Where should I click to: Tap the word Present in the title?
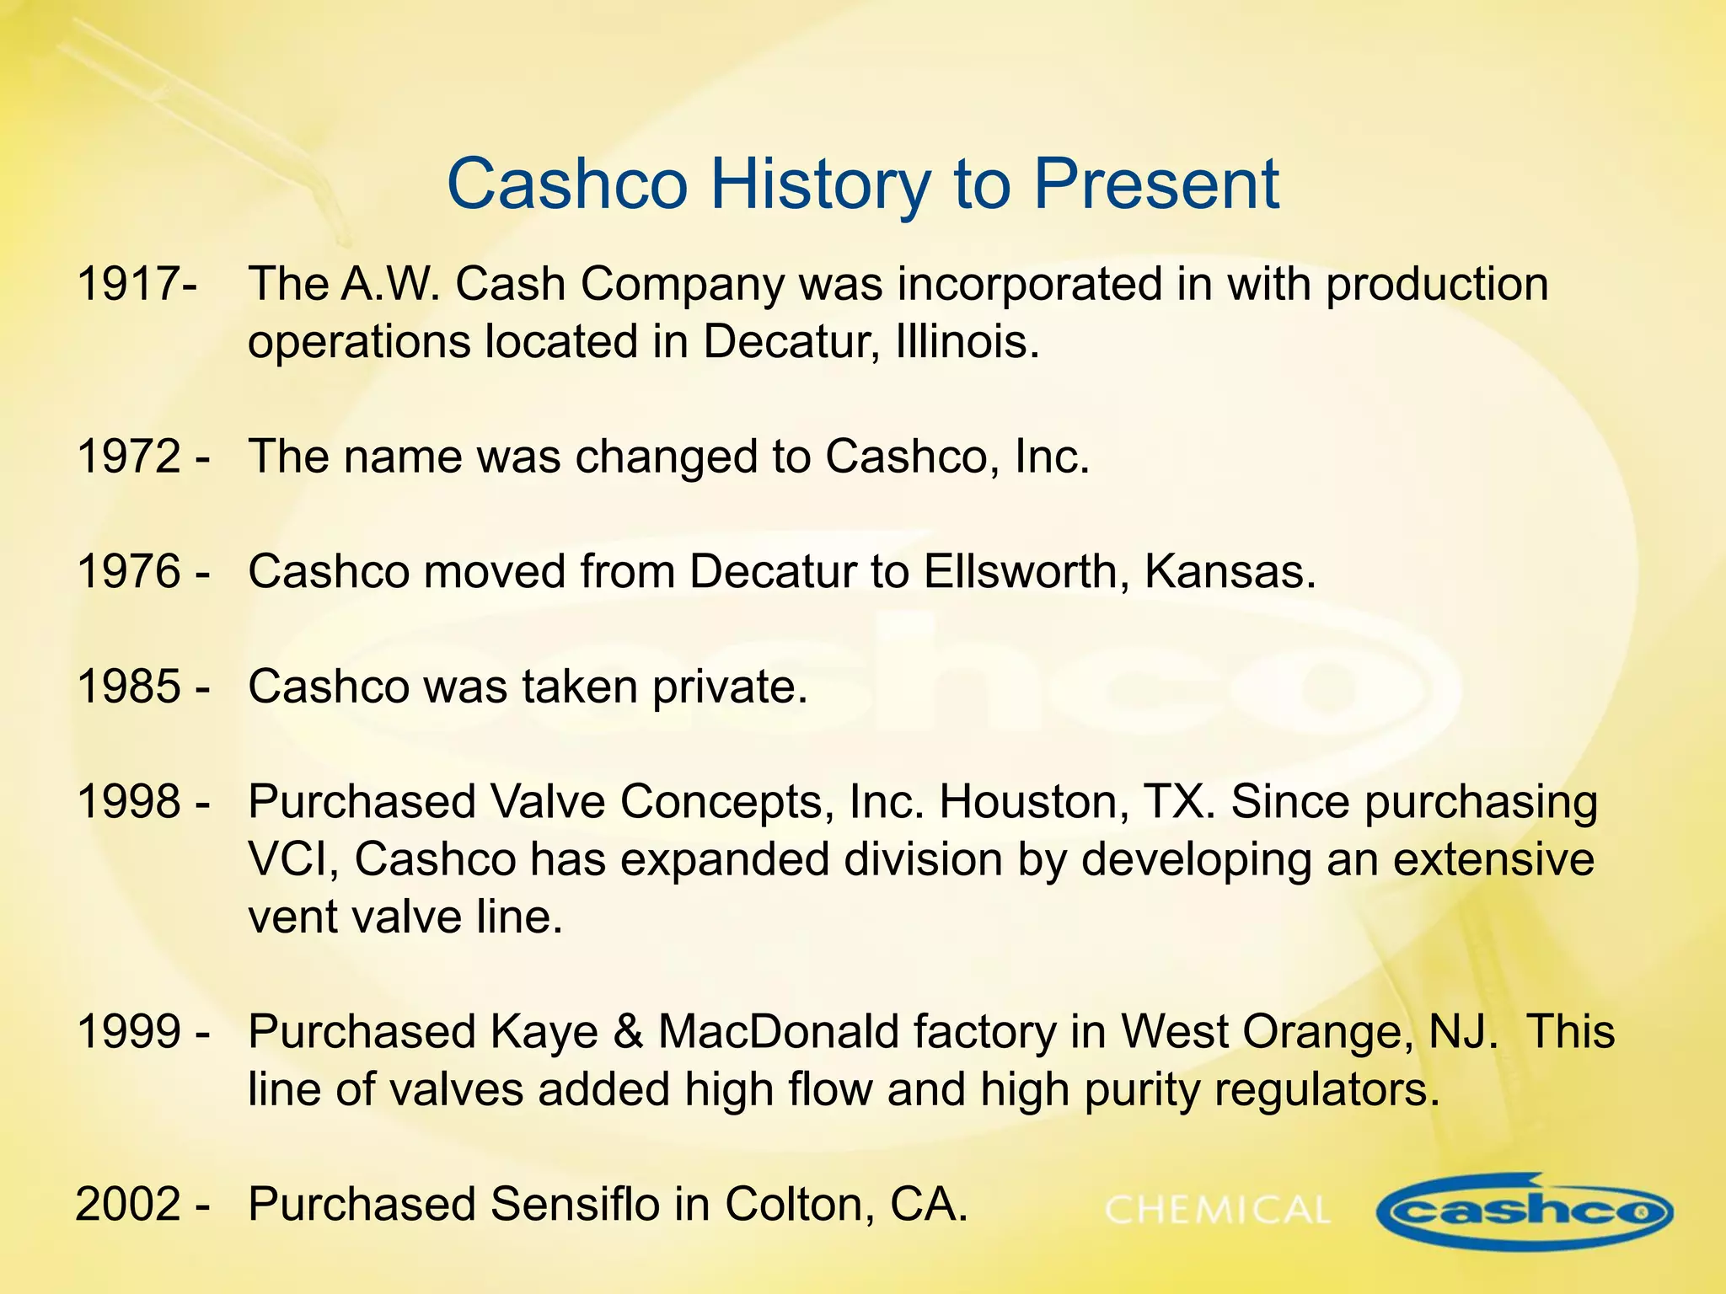1155,184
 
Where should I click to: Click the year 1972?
128,457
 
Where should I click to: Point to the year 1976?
128,571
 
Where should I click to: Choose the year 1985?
128,687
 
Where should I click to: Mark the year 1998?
128,801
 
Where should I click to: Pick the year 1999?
128,1031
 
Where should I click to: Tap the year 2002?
128,1204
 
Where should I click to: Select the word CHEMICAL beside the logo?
1217,1211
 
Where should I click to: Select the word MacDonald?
856,1031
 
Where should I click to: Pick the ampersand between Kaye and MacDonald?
627,1031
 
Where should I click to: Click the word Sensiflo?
574,1204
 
